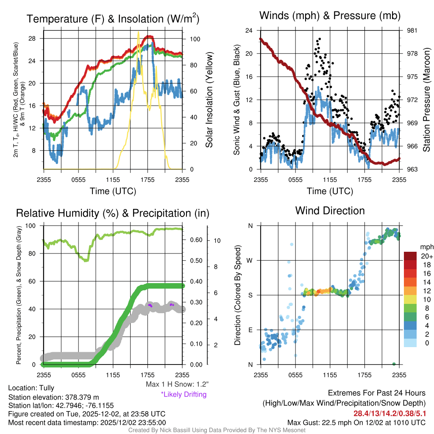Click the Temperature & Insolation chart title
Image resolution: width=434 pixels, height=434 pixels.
pyautogui.click(x=113, y=19)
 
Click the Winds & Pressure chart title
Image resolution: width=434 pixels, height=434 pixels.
pyautogui.click(x=330, y=16)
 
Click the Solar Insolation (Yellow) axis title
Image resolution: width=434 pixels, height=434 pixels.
pyautogui.click(x=209, y=100)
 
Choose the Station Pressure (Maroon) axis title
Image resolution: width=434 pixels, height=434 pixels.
pyautogui.click(x=427, y=100)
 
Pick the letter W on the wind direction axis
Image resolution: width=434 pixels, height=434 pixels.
pyautogui.click(x=250, y=260)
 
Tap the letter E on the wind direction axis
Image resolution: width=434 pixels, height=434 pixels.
pyautogui.click(x=250, y=330)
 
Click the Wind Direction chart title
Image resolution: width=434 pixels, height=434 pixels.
pyautogui.click(x=330, y=211)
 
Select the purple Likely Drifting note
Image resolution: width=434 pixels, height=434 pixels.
pyautogui.click(x=184, y=395)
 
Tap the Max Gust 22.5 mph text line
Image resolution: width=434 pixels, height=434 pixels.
pyautogui.click(x=356, y=422)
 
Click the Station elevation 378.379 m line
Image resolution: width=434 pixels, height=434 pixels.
pyautogui.click(x=53, y=397)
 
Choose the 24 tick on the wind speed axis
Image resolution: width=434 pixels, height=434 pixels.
pyautogui.click(x=249, y=31)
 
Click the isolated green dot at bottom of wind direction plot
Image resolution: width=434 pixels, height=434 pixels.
pyautogui.click(x=394, y=364)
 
